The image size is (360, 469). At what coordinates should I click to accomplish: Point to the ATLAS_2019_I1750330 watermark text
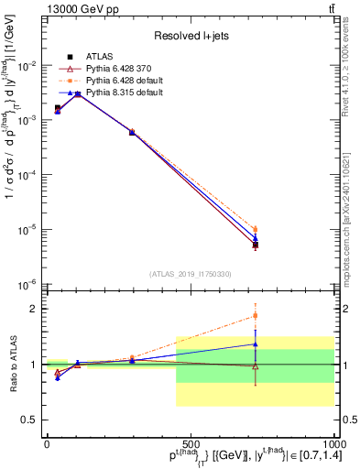pyautogui.click(x=191, y=274)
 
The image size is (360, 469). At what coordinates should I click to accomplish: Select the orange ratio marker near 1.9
pyautogui.click(x=255, y=316)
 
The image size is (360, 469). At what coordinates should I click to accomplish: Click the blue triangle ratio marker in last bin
pyautogui.click(x=255, y=344)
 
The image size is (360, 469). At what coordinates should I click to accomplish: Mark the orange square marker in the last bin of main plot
pyautogui.click(x=255, y=229)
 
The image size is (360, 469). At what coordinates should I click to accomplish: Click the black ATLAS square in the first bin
pyautogui.click(x=58, y=108)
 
